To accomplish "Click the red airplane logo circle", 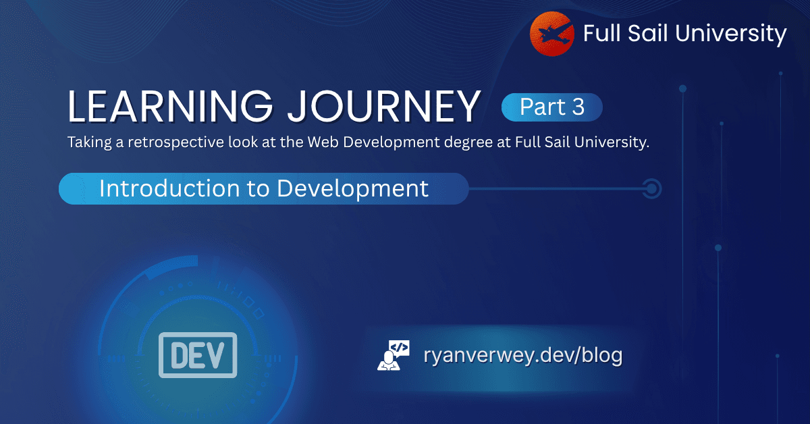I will click(552, 33).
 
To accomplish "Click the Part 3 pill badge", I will click(551, 107).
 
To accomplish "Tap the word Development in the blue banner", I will click(353, 188).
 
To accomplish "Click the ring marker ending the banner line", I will click(651, 188).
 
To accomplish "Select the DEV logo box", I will click(198, 354).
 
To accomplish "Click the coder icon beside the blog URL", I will click(393, 355).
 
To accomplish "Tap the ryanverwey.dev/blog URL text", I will click(522, 355).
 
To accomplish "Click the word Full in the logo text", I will click(599, 33).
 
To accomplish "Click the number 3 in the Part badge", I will click(578, 107).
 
